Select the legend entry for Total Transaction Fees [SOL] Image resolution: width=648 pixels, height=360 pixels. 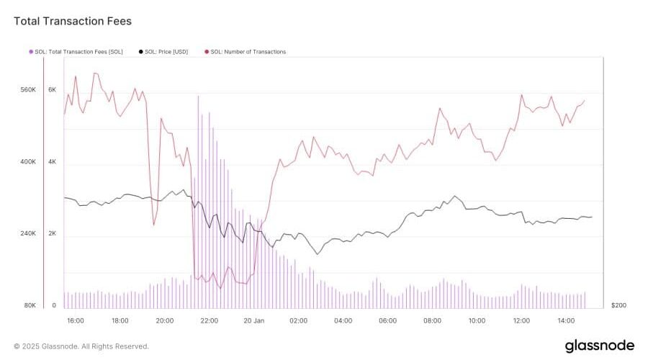[78, 52]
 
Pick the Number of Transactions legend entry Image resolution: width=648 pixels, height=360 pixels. [248, 52]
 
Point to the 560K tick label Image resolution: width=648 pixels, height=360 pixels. [27, 90]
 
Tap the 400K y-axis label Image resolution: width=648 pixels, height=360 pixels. [27, 162]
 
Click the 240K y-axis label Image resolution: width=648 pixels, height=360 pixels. [27, 234]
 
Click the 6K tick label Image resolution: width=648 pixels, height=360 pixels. [52, 90]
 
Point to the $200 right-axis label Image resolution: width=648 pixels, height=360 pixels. [618, 306]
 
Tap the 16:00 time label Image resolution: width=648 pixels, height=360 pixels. [75, 320]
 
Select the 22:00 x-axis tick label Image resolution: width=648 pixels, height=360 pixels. [210, 320]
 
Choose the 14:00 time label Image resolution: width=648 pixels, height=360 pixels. [566, 320]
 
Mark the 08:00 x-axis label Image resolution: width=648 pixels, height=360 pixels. [432, 320]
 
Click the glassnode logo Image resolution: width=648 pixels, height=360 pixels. [599, 346]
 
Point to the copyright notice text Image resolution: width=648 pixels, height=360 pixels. [81, 346]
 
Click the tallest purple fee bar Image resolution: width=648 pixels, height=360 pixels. [198, 202]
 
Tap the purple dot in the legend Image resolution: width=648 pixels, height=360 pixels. [30, 52]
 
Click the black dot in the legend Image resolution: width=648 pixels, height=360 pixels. [140, 52]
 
